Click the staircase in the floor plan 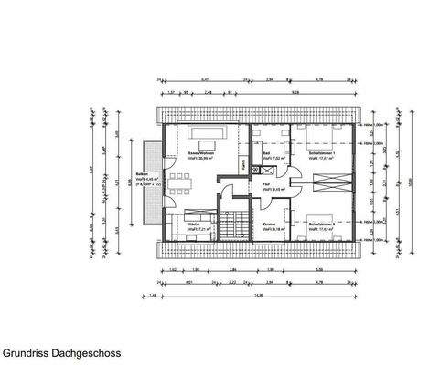(x=234, y=223)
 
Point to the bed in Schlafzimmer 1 (x=321, y=138)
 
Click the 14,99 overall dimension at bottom (x=260, y=294)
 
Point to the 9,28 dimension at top (x=292, y=92)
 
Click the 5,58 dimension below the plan (x=317, y=270)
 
